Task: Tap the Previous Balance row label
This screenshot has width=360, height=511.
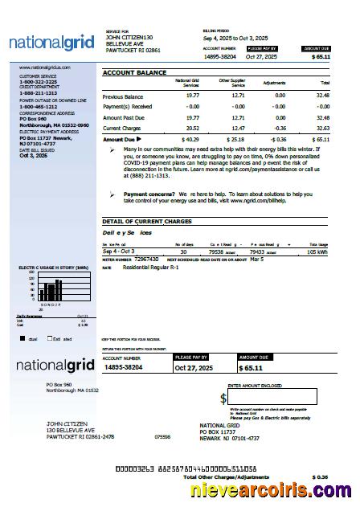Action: click(x=122, y=96)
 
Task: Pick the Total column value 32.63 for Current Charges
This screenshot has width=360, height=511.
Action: click(x=323, y=128)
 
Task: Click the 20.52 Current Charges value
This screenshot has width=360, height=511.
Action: click(x=192, y=128)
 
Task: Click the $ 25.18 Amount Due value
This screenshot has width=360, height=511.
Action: click(x=235, y=139)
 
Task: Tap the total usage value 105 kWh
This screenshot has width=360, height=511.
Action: click(x=318, y=251)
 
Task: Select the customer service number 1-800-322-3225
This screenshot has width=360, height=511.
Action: click(x=38, y=82)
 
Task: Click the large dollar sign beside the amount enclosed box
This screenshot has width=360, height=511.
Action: click(x=223, y=399)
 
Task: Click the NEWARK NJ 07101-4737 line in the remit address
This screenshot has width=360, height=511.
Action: click(x=229, y=439)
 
